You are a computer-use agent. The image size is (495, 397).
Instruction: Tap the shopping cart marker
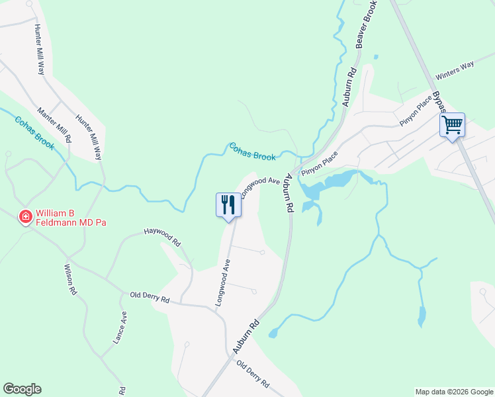click(x=452, y=124)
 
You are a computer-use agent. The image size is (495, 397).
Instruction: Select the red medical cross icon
click(x=26, y=216)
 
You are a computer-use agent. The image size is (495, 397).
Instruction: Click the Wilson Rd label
click(x=71, y=279)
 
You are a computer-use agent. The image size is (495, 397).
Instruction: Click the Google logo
click(x=22, y=389)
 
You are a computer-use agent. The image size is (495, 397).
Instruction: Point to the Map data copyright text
click(x=453, y=392)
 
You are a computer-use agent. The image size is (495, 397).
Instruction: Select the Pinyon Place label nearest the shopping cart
click(x=416, y=110)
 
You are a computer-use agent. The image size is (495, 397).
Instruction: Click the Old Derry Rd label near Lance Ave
click(x=150, y=297)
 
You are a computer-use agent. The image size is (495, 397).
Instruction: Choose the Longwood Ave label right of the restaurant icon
click(x=261, y=185)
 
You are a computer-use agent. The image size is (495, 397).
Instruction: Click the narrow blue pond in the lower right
click(x=421, y=317)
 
